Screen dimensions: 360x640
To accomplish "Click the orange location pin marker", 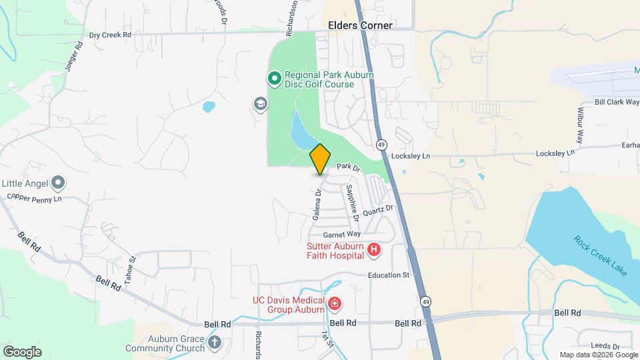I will (x=320, y=159).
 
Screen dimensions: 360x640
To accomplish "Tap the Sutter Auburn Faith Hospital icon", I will (x=374, y=250).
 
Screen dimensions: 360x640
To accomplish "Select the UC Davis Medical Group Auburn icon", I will (x=334, y=305).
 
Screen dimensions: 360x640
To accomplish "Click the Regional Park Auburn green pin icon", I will (x=274, y=79).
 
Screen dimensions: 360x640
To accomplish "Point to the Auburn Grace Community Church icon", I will (x=214, y=343).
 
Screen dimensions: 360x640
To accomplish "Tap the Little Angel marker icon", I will (x=59, y=182).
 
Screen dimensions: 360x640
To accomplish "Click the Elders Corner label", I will (x=360, y=25).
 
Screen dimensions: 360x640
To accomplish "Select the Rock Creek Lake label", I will (x=601, y=255).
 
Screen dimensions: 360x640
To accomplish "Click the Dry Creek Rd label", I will (x=110, y=35).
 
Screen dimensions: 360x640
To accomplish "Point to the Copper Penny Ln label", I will (x=34, y=198).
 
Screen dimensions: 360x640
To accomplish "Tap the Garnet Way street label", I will (x=341, y=235).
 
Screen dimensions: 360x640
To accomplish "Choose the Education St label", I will (x=387, y=275).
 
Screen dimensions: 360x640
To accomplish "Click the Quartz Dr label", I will (x=379, y=211).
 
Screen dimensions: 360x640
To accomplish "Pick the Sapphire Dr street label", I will (x=351, y=203).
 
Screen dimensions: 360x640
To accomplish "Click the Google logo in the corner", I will (x=22, y=352).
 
